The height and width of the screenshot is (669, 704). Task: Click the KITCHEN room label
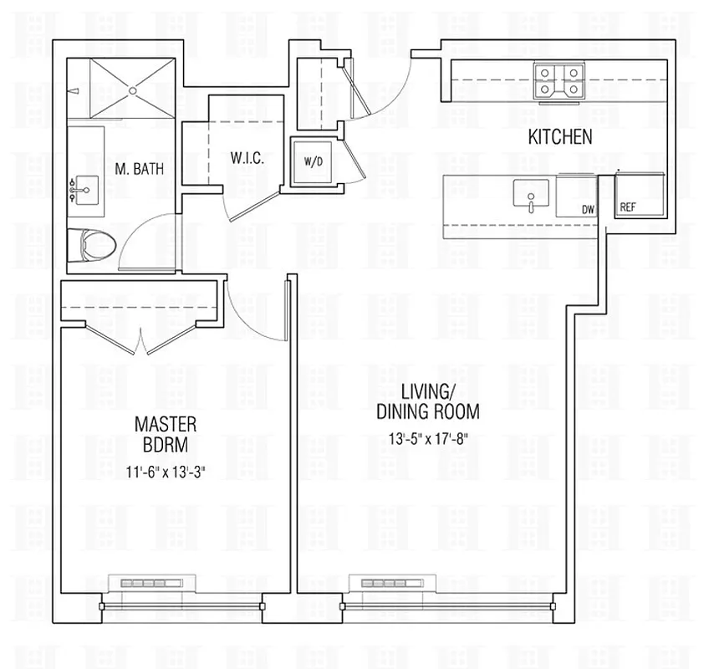click(559, 137)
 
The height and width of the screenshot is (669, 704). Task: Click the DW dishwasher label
click(588, 211)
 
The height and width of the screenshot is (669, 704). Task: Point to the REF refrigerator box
click(639, 196)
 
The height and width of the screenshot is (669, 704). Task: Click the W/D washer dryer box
click(312, 161)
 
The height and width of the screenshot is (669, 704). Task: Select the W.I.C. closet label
click(248, 158)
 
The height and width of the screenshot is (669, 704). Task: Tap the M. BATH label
click(138, 169)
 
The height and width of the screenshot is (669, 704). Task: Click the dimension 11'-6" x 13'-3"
click(165, 472)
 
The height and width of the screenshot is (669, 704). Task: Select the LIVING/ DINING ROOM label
click(427, 402)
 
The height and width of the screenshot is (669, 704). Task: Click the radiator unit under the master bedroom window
click(151, 582)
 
